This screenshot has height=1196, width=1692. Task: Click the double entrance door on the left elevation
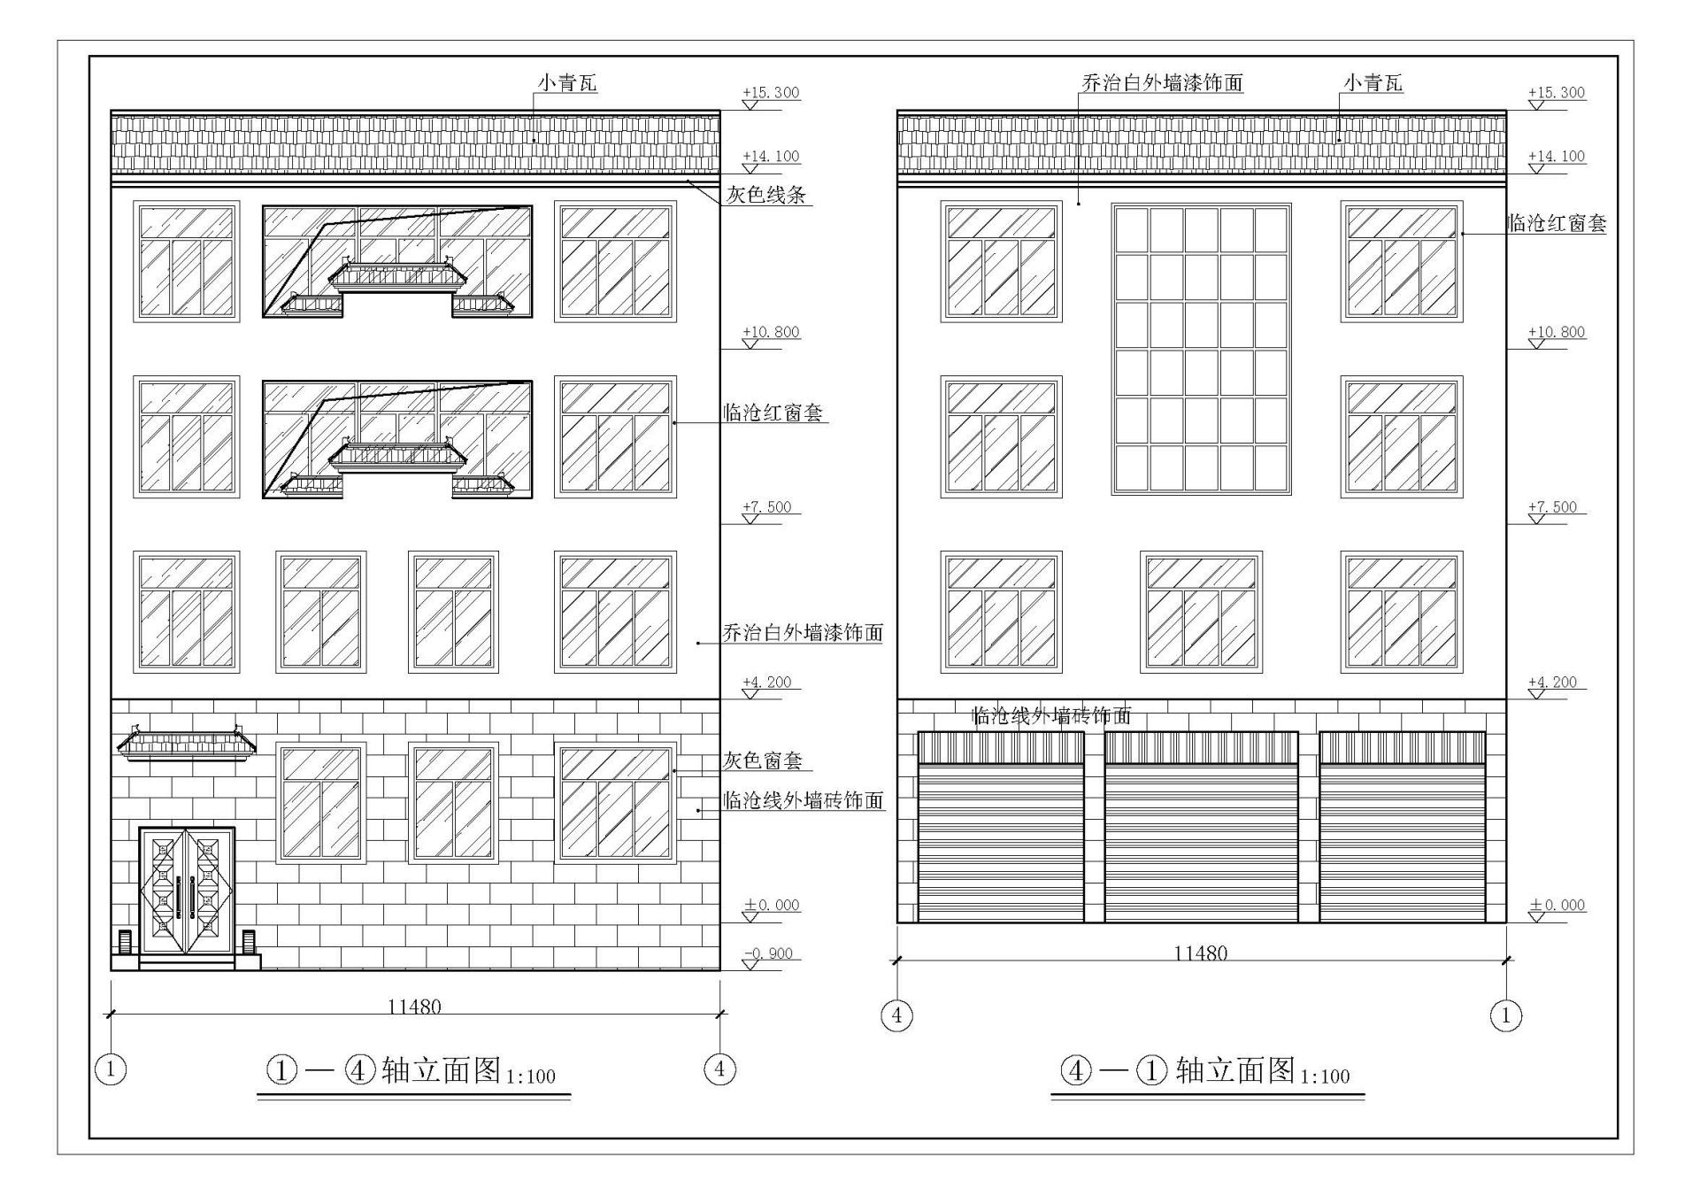tap(186, 891)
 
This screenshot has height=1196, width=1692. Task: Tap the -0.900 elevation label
tap(769, 953)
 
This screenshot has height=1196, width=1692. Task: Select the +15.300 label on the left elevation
tap(770, 92)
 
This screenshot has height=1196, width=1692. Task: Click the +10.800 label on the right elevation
tap(1556, 332)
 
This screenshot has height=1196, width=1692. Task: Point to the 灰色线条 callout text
tap(766, 195)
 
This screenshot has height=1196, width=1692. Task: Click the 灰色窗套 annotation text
tap(763, 760)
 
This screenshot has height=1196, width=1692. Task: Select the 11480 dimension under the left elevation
tap(414, 1007)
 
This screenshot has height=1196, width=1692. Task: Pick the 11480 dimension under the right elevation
tap(1200, 953)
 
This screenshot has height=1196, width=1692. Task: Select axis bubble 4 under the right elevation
tap(896, 1015)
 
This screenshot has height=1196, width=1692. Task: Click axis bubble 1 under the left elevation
tap(110, 1069)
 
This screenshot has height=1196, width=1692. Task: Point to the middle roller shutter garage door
tap(1201, 828)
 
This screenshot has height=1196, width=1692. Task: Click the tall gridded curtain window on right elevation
tap(1201, 349)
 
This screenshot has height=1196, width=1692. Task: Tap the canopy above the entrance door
tap(187, 744)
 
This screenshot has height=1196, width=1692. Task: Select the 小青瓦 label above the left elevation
tap(568, 83)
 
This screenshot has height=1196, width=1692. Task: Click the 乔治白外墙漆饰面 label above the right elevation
tap(1162, 83)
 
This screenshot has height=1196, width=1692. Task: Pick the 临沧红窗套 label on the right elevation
tap(1557, 223)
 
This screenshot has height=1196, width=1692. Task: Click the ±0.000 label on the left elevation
tap(771, 905)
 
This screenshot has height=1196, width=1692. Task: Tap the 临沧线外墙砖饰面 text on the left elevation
tap(803, 800)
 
